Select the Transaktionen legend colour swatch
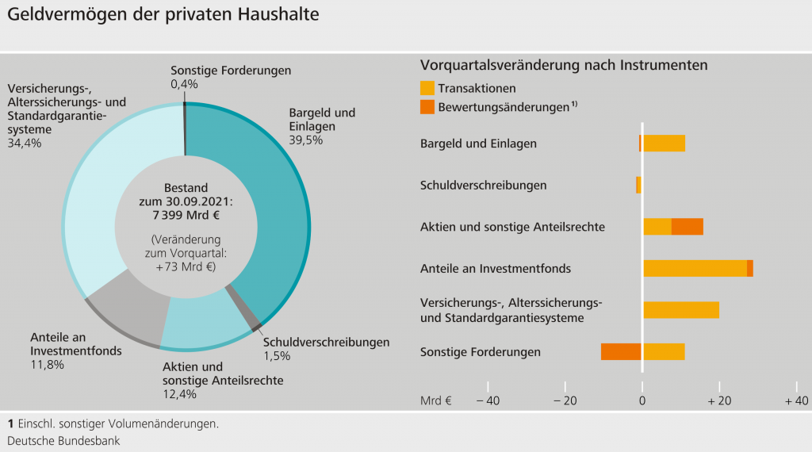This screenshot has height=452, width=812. coord(427,88)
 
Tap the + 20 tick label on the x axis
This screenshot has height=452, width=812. coord(719,400)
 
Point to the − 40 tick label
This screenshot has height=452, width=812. coord(487,400)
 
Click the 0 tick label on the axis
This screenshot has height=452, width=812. coord(642,400)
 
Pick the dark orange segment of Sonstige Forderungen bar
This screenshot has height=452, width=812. coord(621,351)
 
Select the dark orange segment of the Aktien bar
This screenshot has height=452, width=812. coord(688,227)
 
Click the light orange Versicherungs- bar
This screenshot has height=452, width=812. coord(681,309)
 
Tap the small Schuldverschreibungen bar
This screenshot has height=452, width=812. coord(638,185)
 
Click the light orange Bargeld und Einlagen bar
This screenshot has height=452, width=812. coord(664,144)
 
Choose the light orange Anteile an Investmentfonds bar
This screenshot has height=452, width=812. coord(695,268)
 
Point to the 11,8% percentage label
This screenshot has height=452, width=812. coord(47,365)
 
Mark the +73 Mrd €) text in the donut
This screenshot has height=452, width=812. coord(186,266)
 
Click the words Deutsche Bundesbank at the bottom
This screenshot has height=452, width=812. coord(63,440)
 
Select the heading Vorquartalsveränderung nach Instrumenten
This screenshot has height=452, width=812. coord(563,65)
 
